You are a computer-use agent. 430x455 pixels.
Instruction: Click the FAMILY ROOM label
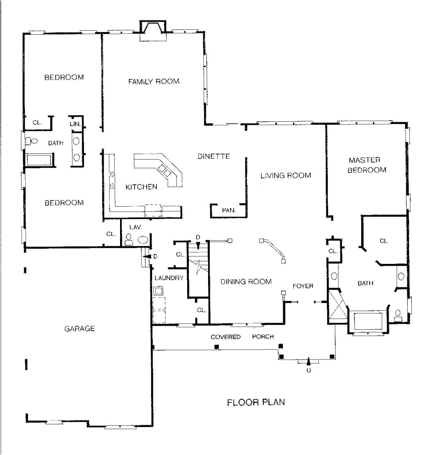coord(153,82)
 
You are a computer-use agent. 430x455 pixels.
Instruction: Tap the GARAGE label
coord(80,328)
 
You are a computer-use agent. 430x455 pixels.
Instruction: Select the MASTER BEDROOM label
coord(367,165)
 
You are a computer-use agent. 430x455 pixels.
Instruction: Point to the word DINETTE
coord(214,156)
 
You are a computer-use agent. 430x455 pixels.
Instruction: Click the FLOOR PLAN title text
coord(256,402)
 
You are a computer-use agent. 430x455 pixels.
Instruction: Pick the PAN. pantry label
coord(229,210)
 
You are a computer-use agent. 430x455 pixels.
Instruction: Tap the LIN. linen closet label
coord(75,124)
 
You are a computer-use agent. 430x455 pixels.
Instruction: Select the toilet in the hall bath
coord(32,141)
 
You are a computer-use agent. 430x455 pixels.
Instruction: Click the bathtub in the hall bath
coord(39,160)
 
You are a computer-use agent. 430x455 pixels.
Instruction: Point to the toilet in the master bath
coord(398,316)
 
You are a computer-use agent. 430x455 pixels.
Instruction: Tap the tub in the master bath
coord(368,321)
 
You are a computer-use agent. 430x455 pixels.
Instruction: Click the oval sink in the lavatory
coord(143,239)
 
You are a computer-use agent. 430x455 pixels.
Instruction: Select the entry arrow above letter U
coord(309,362)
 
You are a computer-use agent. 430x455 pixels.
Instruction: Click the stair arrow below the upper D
coord(198,246)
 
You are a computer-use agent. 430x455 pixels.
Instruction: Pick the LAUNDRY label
coord(169,278)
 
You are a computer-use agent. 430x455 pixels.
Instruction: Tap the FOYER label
coord(303,286)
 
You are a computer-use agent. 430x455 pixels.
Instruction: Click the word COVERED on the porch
coord(225,337)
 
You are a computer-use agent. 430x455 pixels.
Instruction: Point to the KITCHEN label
coord(141,187)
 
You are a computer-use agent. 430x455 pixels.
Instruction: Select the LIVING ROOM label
coord(285,176)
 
